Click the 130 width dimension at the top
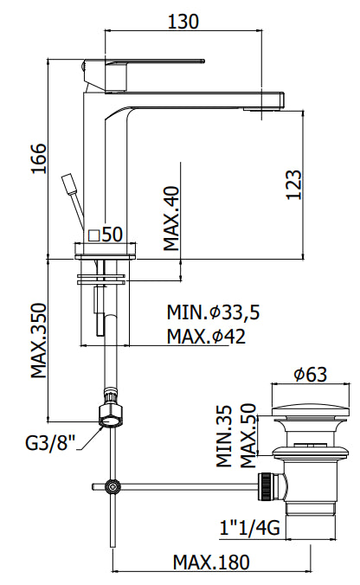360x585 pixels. click(x=183, y=20)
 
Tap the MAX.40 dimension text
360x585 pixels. click(x=173, y=217)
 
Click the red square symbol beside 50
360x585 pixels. click(x=93, y=234)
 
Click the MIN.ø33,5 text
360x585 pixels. click(x=213, y=312)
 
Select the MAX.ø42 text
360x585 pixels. click(x=207, y=336)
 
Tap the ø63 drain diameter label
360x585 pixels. click(x=309, y=374)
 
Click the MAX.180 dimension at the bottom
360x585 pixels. click(x=210, y=562)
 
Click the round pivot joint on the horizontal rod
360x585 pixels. click(x=111, y=486)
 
